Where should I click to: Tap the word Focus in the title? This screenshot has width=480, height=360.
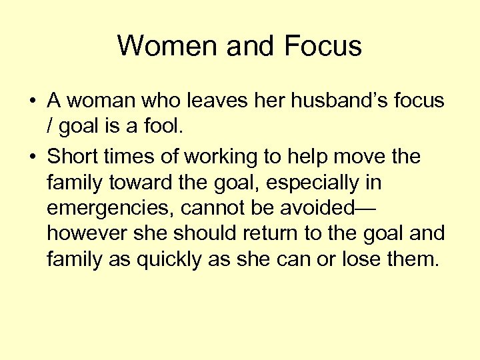(x=323, y=46)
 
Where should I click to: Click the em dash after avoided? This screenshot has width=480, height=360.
(x=365, y=208)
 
